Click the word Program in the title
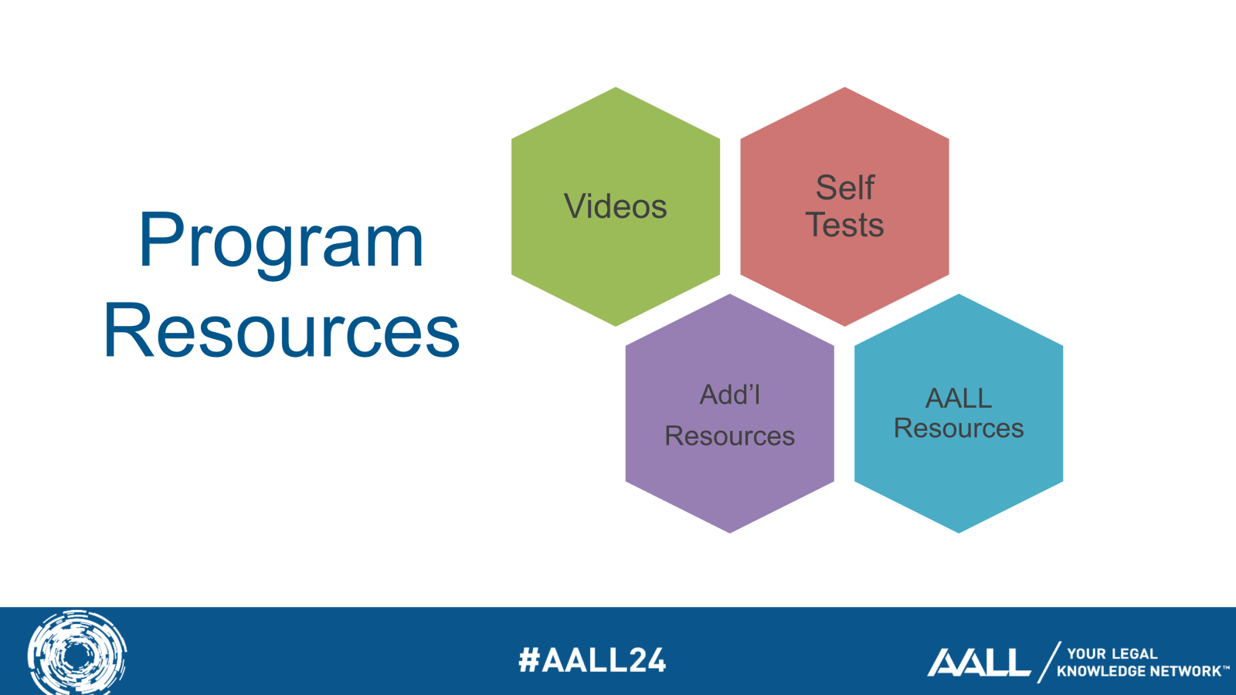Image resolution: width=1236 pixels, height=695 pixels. (x=281, y=243)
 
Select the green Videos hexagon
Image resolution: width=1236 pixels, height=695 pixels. (x=616, y=206)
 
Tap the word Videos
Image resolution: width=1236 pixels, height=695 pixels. (x=615, y=206)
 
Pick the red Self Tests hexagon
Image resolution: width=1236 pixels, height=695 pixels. (x=844, y=206)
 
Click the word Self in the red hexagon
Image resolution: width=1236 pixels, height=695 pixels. (x=845, y=188)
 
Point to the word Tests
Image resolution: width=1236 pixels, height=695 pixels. (x=845, y=225)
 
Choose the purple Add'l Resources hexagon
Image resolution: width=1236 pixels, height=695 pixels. (x=729, y=413)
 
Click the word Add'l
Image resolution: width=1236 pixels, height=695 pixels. (x=730, y=395)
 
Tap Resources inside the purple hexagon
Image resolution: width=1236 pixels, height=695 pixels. (x=729, y=436)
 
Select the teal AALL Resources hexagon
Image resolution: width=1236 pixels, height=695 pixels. (x=959, y=413)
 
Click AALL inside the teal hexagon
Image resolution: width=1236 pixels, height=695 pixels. (x=959, y=398)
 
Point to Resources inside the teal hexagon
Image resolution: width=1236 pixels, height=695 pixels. (x=959, y=428)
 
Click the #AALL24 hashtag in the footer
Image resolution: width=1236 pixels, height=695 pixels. (x=593, y=660)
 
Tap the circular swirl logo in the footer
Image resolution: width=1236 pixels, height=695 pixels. (x=77, y=653)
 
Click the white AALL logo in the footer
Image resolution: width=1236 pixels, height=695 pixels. (x=979, y=663)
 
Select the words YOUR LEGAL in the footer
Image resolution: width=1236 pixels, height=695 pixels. (x=1112, y=653)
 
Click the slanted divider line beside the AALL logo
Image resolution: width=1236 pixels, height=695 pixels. (x=1049, y=662)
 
